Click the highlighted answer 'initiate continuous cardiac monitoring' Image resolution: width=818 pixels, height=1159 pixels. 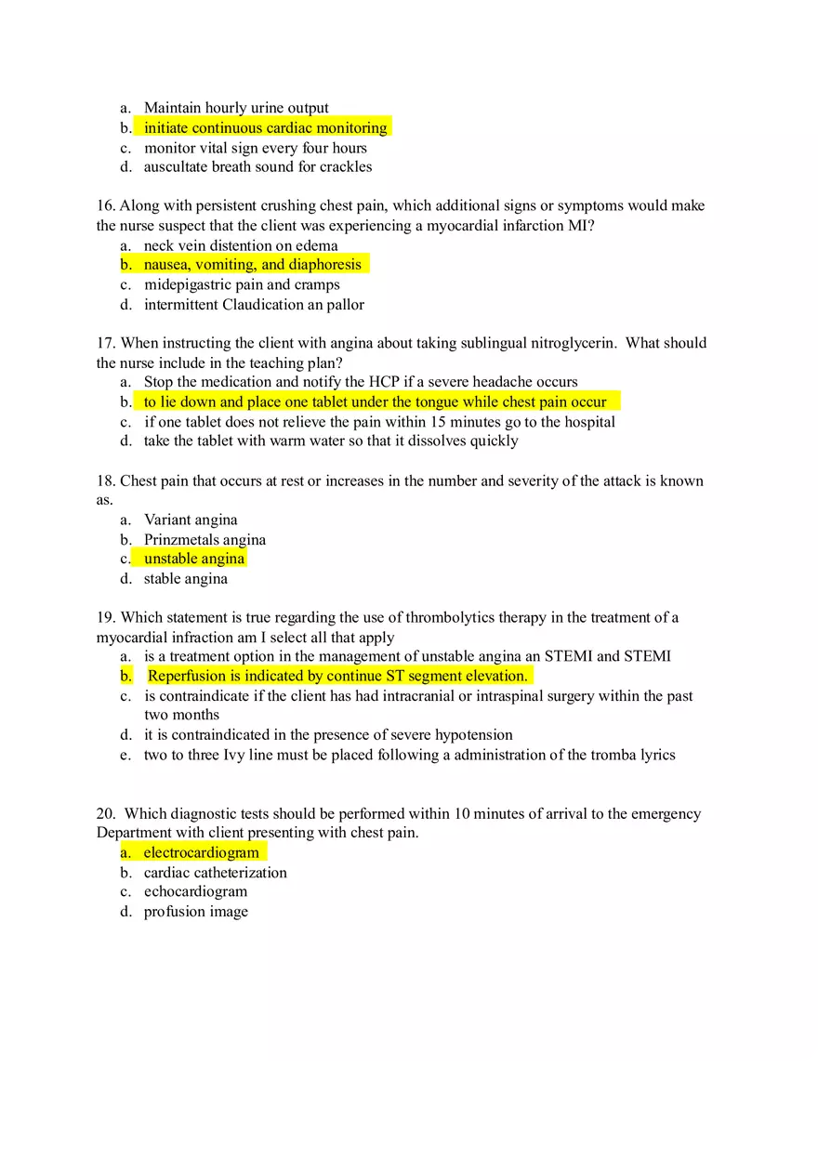click(265, 128)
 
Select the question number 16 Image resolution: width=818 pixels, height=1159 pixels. click(106, 205)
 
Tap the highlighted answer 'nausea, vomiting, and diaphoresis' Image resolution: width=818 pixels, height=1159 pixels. click(252, 265)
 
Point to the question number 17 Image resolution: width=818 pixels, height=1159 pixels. click(106, 343)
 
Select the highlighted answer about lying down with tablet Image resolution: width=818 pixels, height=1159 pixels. click(375, 402)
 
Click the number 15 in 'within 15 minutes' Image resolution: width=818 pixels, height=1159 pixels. click(439, 422)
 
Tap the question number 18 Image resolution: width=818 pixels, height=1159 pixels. click(106, 481)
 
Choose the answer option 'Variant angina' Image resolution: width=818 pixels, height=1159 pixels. click(191, 520)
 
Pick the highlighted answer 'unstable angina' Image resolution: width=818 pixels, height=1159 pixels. click(194, 559)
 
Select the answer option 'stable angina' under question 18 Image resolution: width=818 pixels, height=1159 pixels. click(185, 579)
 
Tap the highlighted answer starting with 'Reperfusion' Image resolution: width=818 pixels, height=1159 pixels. click(337, 676)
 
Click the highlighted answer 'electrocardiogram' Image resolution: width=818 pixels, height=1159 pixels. click(201, 852)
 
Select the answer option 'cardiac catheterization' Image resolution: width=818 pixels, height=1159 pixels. click(215, 873)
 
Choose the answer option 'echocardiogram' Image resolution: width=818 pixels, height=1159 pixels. click(195, 892)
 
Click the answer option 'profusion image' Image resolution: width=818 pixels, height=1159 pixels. click(195, 912)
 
